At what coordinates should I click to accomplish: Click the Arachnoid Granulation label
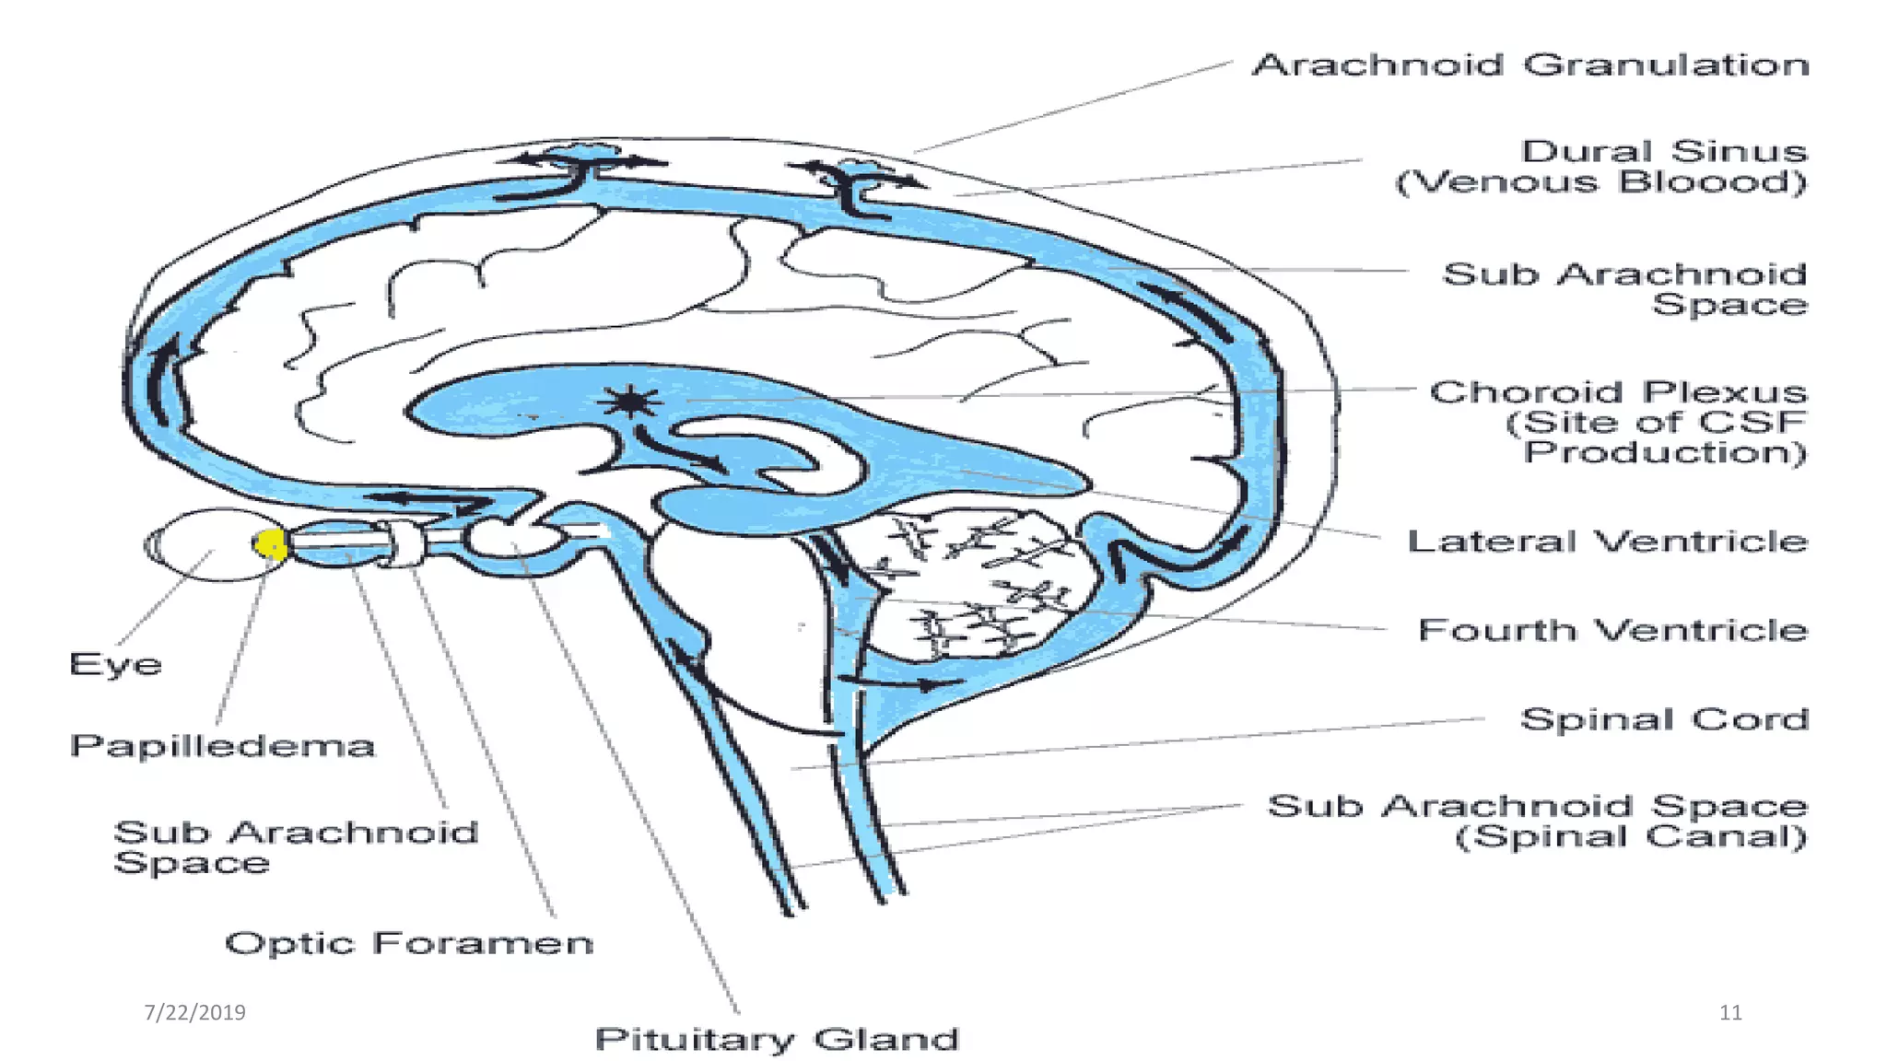click(x=1530, y=65)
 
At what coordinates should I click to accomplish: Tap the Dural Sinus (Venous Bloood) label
click(x=1601, y=167)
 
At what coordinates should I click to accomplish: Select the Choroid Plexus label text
click(x=1618, y=392)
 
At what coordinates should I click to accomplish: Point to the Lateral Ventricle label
click(x=1607, y=542)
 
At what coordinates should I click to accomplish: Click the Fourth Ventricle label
click(x=1612, y=631)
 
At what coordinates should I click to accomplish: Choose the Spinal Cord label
click(x=1664, y=719)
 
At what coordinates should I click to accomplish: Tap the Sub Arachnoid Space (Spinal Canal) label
click(x=1537, y=821)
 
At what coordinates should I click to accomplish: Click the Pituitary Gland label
click(x=777, y=1039)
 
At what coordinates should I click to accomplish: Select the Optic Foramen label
click(x=409, y=943)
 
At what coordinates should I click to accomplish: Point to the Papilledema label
click(x=222, y=745)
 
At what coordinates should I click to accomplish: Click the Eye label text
click(x=115, y=664)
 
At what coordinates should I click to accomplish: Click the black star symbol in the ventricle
click(x=629, y=402)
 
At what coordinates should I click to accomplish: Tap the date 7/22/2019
click(x=194, y=1012)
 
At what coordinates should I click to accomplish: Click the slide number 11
click(x=1730, y=1012)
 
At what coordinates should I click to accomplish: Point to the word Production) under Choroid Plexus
click(x=1664, y=453)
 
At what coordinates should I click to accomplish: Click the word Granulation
click(x=1666, y=65)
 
